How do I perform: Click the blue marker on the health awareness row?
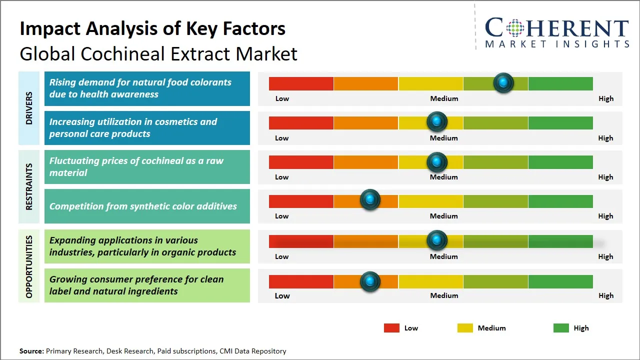point(503,82)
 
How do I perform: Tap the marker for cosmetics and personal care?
point(437,121)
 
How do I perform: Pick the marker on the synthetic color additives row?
point(370,200)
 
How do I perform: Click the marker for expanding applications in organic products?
point(437,240)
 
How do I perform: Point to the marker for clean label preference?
point(370,281)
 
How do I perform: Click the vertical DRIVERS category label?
point(29,108)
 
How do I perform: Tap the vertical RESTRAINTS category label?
point(29,186)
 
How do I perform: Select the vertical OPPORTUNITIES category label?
point(29,266)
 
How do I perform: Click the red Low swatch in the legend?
point(391,328)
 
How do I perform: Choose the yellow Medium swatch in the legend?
point(465,328)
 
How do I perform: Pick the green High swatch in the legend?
point(561,328)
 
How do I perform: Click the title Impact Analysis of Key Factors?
point(152,29)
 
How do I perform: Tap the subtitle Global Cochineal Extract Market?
point(158,54)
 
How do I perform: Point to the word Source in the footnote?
point(31,351)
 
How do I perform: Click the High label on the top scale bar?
point(605,98)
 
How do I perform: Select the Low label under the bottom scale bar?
point(282,295)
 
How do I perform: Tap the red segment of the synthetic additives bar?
point(301,201)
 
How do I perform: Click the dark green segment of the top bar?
point(560,83)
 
